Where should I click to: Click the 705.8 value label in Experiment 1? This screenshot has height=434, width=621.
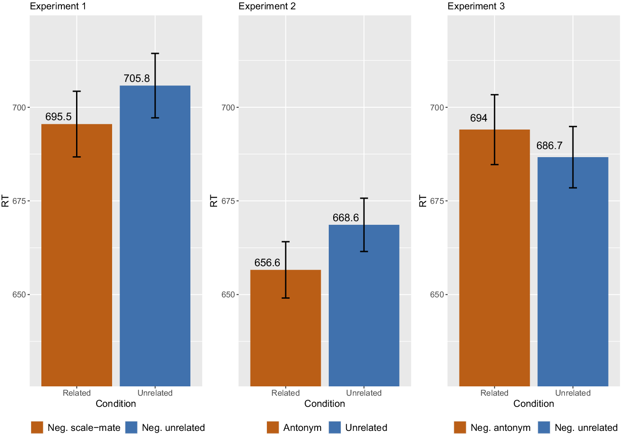pyautogui.click(x=137, y=78)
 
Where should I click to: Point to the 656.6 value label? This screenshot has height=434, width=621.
pyautogui.click(x=267, y=263)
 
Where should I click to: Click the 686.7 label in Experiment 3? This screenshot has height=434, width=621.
pyautogui.click(x=549, y=146)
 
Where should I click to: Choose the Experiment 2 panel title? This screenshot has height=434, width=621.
pyautogui.click(x=267, y=6)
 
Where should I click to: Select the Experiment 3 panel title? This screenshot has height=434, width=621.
pyautogui.click(x=476, y=6)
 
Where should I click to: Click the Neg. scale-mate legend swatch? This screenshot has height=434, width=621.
pyautogui.click(x=37, y=427)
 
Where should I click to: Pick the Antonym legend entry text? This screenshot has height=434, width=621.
pyautogui.click(x=302, y=428)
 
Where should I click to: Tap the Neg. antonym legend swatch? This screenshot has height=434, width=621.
pyautogui.click(x=460, y=427)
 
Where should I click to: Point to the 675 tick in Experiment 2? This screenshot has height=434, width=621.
pyautogui.click(x=228, y=201)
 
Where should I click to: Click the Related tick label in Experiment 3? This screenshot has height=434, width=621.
pyautogui.click(x=494, y=393)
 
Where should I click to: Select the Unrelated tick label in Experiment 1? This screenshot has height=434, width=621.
pyautogui.click(x=155, y=393)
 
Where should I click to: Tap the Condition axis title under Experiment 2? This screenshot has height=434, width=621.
pyautogui.click(x=325, y=404)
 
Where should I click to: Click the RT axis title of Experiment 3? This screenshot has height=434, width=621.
pyautogui.click(x=423, y=201)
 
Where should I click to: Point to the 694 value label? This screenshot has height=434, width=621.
pyautogui.click(x=479, y=118)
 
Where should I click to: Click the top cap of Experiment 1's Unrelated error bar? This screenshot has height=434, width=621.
pyautogui.click(x=155, y=53)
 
